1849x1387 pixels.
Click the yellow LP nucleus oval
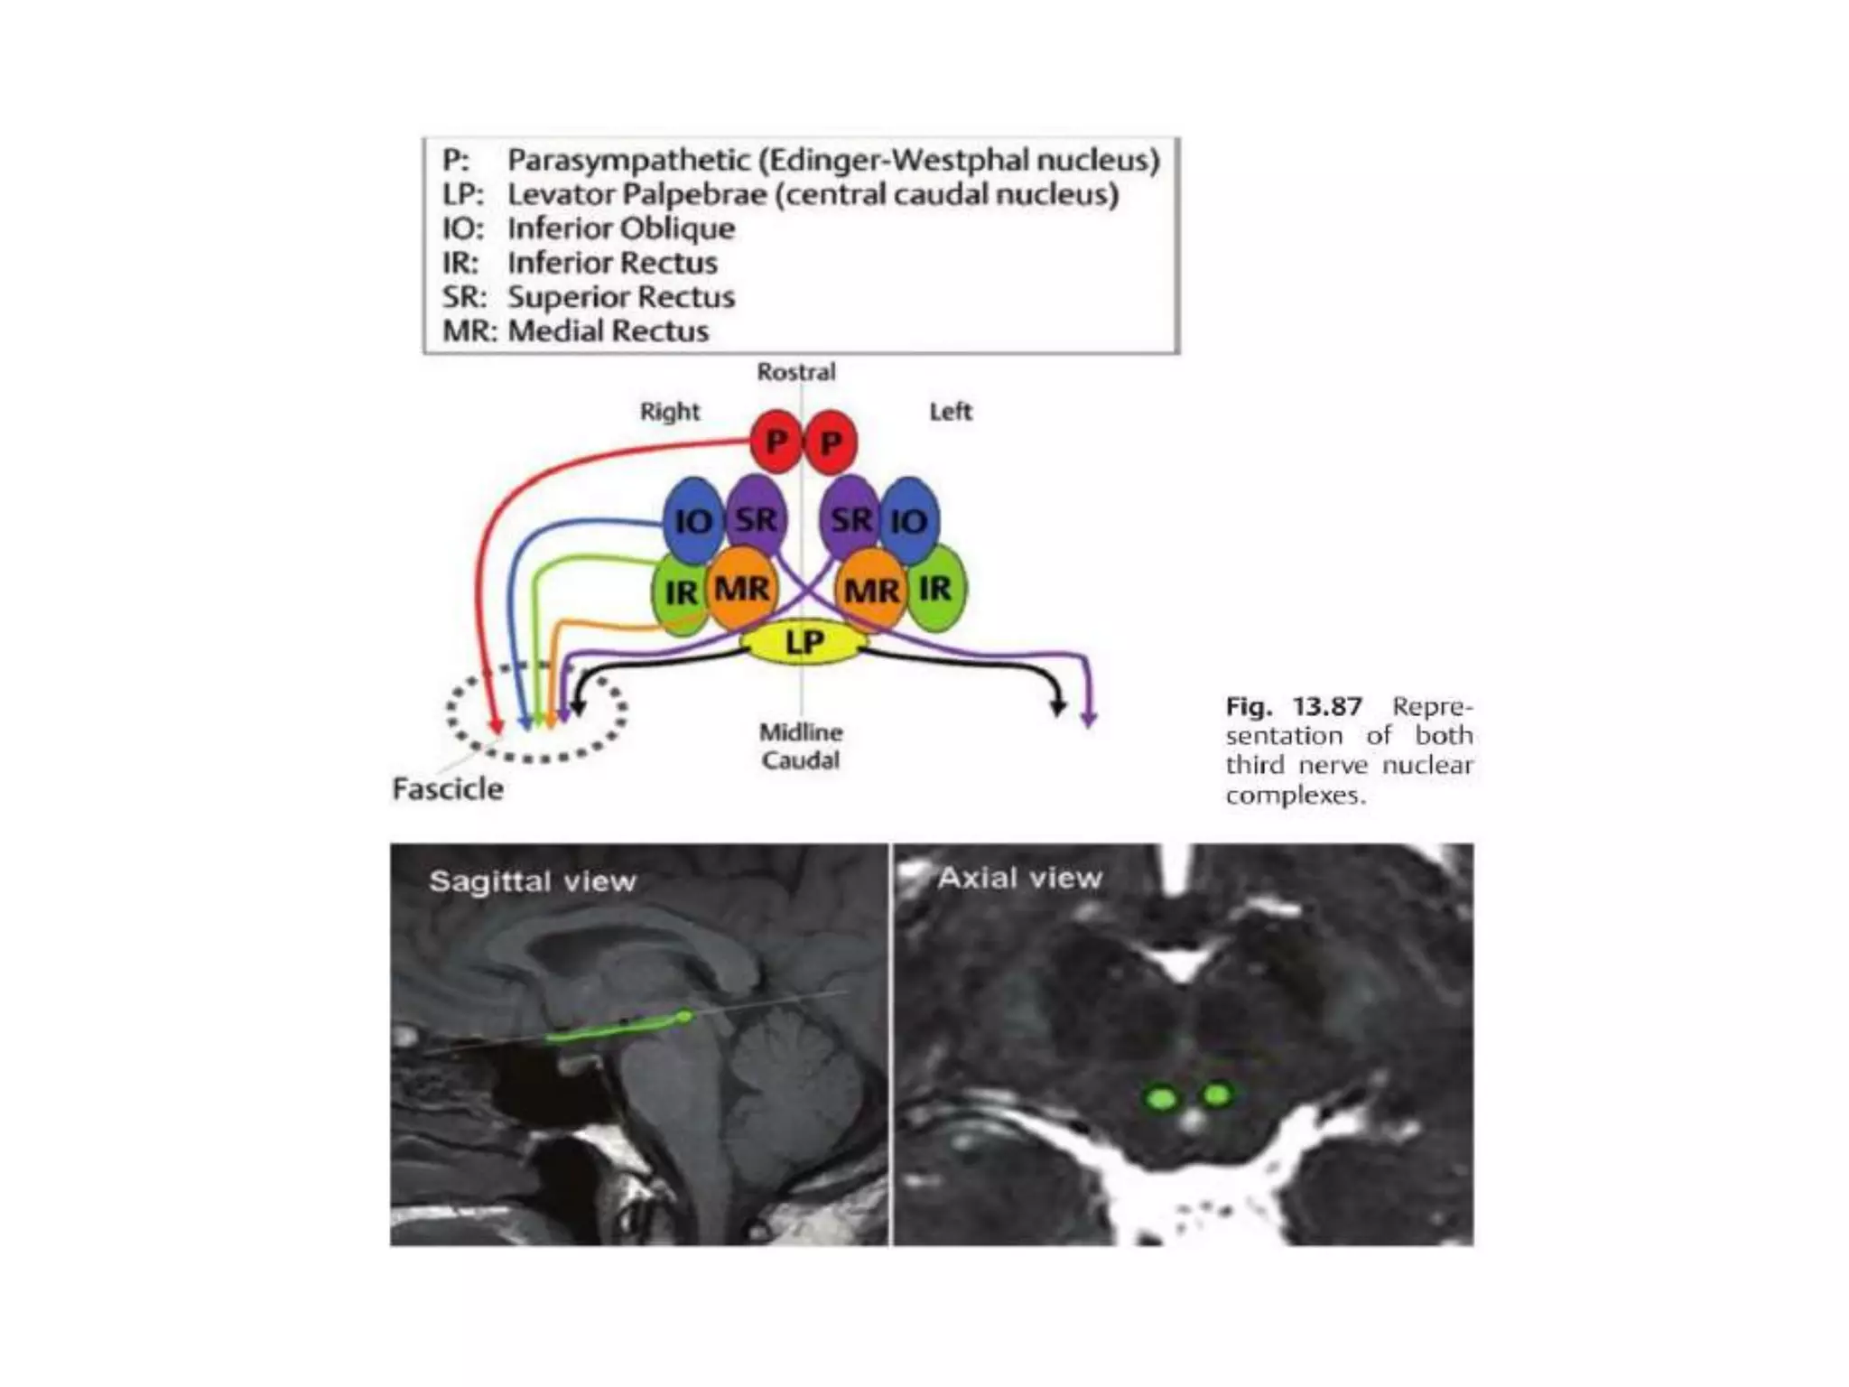coord(804,642)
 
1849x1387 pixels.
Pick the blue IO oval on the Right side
coord(692,521)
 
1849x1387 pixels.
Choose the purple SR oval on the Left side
coord(850,519)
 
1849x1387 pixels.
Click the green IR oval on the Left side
coord(936,589)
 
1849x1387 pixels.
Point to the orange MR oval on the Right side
coord(742,589)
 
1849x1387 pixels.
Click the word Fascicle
coord(448,789)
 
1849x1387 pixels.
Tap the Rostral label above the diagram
coord(795,372)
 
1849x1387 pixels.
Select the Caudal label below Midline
coord(800,760)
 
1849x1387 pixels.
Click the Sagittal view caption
coord(533,881)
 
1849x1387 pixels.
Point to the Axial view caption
coord(1019,878)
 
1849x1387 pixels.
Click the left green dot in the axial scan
coord(1161,1098)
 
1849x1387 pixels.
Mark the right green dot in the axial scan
coord(1217,1095)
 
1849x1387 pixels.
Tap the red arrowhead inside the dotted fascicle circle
coord(495,726)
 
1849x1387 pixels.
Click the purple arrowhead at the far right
coord(1089,719)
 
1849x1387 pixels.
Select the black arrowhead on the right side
coord(1058,707)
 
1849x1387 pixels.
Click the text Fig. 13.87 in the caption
coord(1293,706)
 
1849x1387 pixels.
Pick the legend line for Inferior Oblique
coord(589,228)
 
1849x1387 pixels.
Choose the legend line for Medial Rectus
coord(575,331)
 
